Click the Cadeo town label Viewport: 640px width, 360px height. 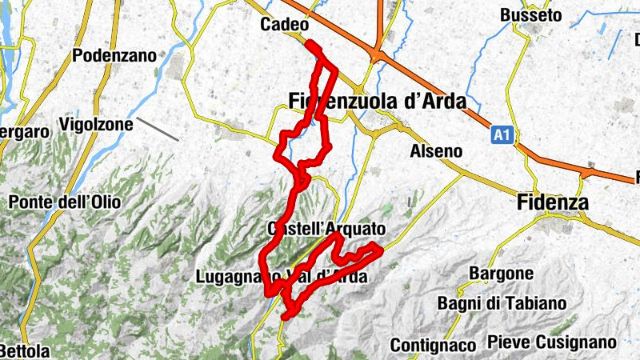285,25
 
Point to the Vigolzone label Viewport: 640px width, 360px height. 93,126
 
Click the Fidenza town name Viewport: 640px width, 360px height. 553,202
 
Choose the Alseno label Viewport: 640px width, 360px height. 435,150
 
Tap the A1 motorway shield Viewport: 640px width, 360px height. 501,136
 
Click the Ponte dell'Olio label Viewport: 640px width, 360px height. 65,202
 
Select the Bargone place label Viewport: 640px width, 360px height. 502,274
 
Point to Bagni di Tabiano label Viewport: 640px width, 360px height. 502,303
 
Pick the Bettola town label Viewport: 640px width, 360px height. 24,351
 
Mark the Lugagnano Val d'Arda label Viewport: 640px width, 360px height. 281,278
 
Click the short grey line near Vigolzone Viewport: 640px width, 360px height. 157,129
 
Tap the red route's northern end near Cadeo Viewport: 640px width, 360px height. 308,45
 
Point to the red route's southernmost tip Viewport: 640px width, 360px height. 285,318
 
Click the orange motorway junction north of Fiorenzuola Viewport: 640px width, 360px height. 377,54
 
